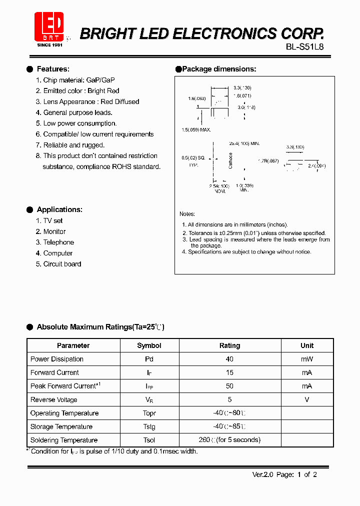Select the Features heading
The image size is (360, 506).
[x=53, y=69]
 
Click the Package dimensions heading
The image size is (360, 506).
[x=218, y=69]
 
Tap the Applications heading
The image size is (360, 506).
[x=59, y=209]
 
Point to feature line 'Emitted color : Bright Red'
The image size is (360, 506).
[x=81, y=91]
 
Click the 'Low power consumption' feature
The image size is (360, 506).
[x=79, y=123]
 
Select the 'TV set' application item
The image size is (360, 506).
[x=52, y=220]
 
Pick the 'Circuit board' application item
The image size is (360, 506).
[x=62, y=264]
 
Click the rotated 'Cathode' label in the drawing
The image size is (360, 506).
[x=230, y=160]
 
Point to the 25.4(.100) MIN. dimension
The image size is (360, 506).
[x=244, y=143]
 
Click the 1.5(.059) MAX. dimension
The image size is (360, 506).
[x=196, y=129]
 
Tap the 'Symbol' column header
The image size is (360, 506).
[x=149, y=345]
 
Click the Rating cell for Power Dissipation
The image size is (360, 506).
[x=229, y=359]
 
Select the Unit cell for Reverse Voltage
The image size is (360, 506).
[x=307, y=399]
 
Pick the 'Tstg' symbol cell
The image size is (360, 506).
[x=149, y=426]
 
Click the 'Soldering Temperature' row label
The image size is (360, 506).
[x=63, y=440]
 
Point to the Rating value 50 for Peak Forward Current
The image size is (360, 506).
[x=229, y=386]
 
